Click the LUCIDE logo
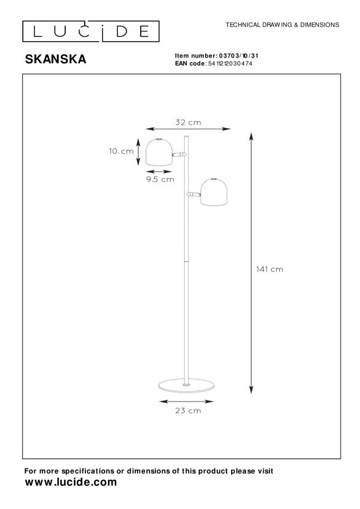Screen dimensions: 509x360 point(89,31)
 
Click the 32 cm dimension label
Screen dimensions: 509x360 point(188,122)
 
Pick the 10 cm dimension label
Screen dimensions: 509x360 point(121,151)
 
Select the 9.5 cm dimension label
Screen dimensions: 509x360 point(159,179)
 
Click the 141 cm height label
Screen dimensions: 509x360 point(269,269)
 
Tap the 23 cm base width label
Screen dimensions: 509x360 point(188,411)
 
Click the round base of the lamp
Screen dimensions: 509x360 point(186,386)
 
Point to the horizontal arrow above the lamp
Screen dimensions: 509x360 point(188,129)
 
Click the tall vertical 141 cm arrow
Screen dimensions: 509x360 point(251,261)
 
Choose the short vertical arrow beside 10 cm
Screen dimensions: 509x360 point(138,151)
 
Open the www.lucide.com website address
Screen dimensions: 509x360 point(70,482)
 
